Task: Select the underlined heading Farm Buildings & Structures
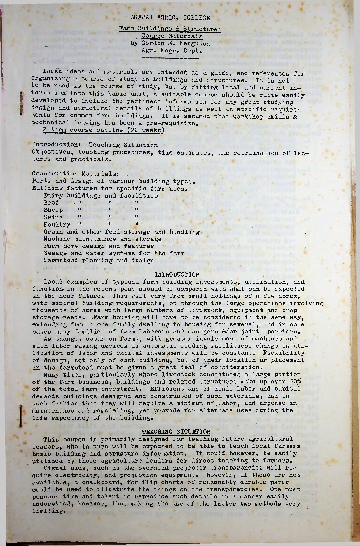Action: [x=170, y=29]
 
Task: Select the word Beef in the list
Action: [x=51, y=203]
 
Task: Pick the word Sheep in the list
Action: [x=53, y=210]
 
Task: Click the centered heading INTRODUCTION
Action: [x=177, y=275]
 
